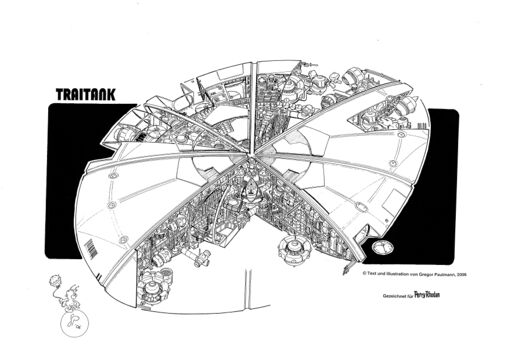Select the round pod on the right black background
point(381,248)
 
